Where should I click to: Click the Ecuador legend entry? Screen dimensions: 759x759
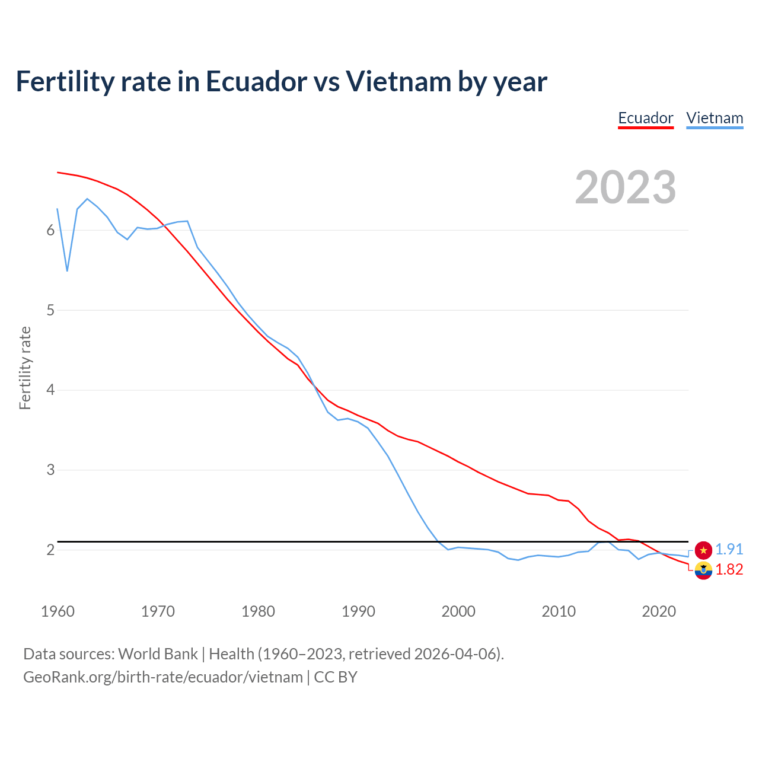pyautogui.click(x=645, y=118)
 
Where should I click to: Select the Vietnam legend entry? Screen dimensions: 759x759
pyautogui.click(x=715, y=118)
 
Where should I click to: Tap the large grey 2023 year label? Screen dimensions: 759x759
pyautogui.click(x=625, y=187)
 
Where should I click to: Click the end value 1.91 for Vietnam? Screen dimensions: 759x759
pyautogui.click(x=729, y=549)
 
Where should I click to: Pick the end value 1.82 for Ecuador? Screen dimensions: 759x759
pyautogui.click(x=729, y=569)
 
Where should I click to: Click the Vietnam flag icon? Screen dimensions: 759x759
pyautogui.click(x=703, y=550)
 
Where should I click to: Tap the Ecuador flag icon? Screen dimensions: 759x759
pyautogui.click(x=703, y=570)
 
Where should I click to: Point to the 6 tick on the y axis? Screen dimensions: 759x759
pyautogui.click(x=50, y=230)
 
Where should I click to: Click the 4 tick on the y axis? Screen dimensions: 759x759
pyautogui.click(x=50, y=390)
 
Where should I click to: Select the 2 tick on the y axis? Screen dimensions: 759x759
pyautogui.click(x=50, y=550)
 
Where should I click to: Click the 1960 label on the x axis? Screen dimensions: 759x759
pyautogui.click(x=58, y=611)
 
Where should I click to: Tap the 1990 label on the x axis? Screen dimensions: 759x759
pyautogui.click(x=358, y=611)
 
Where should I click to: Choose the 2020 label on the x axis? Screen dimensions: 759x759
pyautogui.click(x=659, y=611)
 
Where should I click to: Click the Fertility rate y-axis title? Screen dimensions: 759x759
pyautogui.click(x=25, y=368)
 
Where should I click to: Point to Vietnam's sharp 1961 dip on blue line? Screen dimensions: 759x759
pyautogui.click(x=67, y=271)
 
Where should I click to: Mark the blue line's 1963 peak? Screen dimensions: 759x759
pyautogui.click(x=87, y=199)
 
